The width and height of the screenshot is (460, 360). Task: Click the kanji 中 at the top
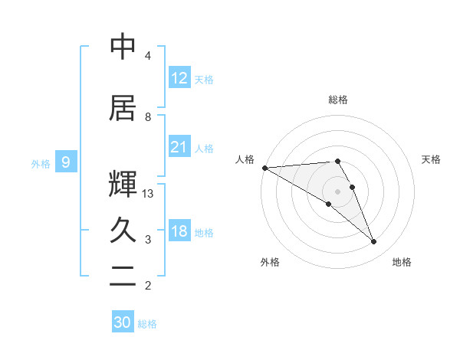click(x=123, y=47)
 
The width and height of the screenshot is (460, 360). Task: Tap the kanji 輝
click(x=123, y=183)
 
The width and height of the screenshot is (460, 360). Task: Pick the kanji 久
click(x=123, y=230)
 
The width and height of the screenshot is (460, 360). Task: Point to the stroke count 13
click(x=148, y=194)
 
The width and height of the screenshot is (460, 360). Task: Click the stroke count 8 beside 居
click(x=148, y=117)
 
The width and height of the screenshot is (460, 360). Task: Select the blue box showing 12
click(x=179, y=78)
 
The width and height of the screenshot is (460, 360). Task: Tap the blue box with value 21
click(x=179, y=147)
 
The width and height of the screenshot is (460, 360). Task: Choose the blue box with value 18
click(x=179, y=231)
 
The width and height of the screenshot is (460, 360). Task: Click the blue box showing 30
click(x=123, y=322)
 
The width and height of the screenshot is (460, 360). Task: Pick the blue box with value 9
click(x=66, y=162)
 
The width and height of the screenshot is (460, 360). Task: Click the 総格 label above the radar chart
click(x=338, y=100)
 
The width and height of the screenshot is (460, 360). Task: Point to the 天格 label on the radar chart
click(x=432, y=159)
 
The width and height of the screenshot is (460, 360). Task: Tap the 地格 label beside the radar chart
click(x=402, y=262)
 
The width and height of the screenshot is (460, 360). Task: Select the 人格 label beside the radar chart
click(x=245, y=159)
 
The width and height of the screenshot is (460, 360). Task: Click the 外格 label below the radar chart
click(x=270, y=262)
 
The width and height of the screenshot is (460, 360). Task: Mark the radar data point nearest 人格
click(x=264, y=168)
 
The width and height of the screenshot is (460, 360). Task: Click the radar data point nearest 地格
click(x=374, y=242)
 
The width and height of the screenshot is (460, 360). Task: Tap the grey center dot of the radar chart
click(x=338, y=191)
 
